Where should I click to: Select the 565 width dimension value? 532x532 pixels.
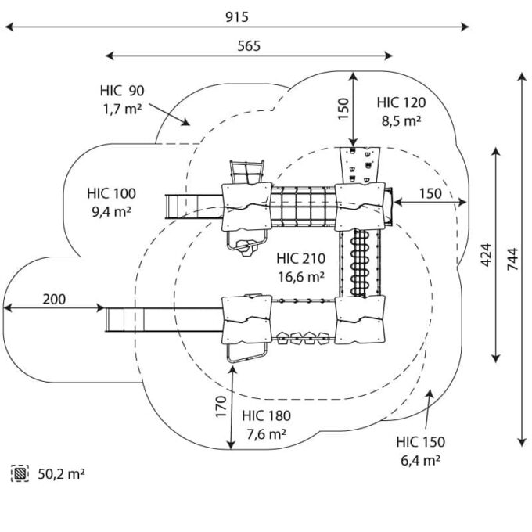tap(249, 45)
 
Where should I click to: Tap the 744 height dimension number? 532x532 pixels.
tap(512, 259)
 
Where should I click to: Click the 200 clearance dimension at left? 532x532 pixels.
tap(54, 298)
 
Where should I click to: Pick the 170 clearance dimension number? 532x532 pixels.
tap(221, 408)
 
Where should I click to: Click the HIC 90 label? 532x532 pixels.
tap(121, 92)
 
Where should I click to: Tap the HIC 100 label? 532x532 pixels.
tap(111, 193)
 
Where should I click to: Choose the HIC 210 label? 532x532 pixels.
tap(301, 258)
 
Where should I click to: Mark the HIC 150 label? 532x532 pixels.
tap(420, 442)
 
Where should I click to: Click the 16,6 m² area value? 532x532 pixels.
tap(301, 276)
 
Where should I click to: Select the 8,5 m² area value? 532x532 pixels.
tap(401, 120)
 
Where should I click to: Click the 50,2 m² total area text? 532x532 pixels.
tap(61, 473)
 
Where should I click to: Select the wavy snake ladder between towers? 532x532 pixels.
tap(361, 261)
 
